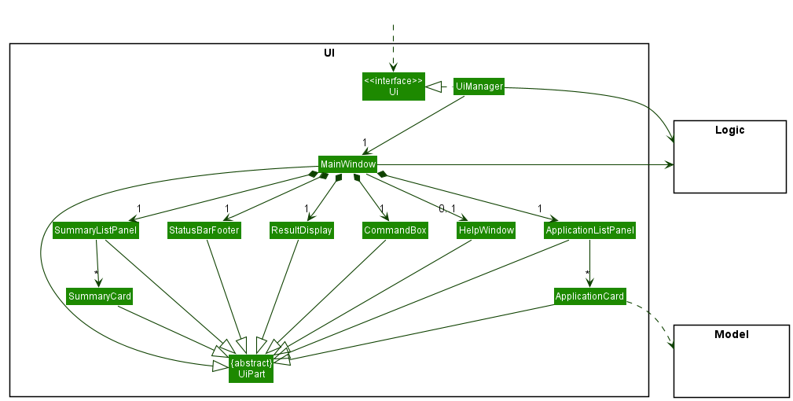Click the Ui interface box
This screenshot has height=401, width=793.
[x=394, y=86]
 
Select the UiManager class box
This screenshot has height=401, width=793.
[x=479, y=86]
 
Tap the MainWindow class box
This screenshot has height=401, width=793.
[x=347, y=164]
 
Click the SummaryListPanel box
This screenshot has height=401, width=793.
[x=96, y=230]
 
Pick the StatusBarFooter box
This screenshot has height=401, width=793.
[x=204, y=230]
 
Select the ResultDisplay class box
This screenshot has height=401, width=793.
[x=302, y=230]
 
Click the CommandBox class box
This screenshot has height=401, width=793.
[x=395, y=230]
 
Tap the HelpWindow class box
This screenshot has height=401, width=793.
[x=486, y=230]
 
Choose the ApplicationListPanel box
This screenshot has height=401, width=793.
[x=589, y=230]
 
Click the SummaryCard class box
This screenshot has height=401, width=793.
[x=99, y=296]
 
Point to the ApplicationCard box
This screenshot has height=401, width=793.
[x=589, y=296]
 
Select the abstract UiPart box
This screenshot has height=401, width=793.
[x=251, y=368]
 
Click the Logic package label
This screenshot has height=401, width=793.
[x=729, y=130]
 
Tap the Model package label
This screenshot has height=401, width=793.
[x=731, y=334]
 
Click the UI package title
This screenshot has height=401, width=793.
[x=329, y=53]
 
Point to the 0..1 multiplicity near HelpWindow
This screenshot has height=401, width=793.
[x=447, y=208]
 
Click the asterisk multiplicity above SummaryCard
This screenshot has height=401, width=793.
[x=96, y=274]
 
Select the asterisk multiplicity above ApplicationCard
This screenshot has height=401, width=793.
[x=586, y=274]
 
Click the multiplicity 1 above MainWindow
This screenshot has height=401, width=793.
[x=365, y=142]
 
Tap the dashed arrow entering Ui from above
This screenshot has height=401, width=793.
[x=393, y=47]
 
